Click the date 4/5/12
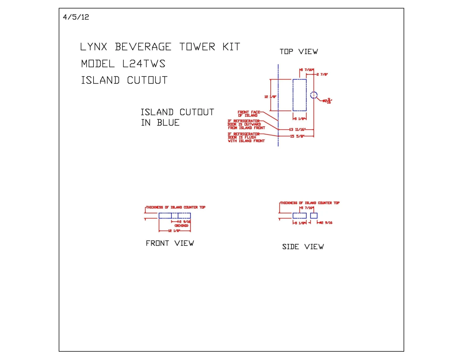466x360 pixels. tap(76, 17)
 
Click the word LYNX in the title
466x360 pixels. tap(94, 47)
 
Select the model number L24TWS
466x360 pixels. tap(144, 64)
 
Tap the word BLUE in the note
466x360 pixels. tap(168, 123)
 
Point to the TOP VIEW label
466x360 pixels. tap(299, 52)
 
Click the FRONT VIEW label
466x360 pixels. tap(170, 243)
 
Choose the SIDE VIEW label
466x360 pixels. tap(303, 247)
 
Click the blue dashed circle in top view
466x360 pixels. tap(314, 95)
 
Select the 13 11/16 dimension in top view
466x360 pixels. tap(297, 130)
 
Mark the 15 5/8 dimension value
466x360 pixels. tap(297, 136)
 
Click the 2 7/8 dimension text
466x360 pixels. tap(322, 75)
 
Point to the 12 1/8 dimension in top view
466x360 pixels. tap(270, 97)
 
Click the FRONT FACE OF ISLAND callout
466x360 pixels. tap(249, 114)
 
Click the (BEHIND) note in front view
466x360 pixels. tap(181, 226)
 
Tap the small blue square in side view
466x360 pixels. tap(314, 216)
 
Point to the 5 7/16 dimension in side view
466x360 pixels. tap(307, 208)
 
